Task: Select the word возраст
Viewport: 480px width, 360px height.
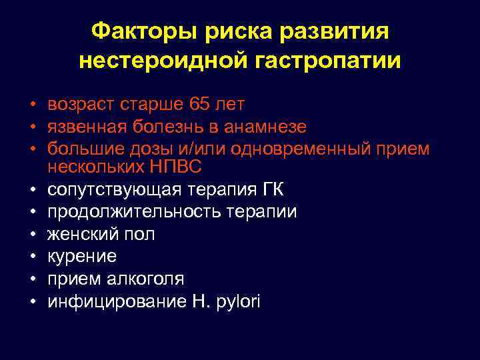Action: point(83,104)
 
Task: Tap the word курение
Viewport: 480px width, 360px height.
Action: point(82,256)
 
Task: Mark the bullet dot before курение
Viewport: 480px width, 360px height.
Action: point(31,257)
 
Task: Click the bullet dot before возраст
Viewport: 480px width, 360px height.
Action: point(31,105)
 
